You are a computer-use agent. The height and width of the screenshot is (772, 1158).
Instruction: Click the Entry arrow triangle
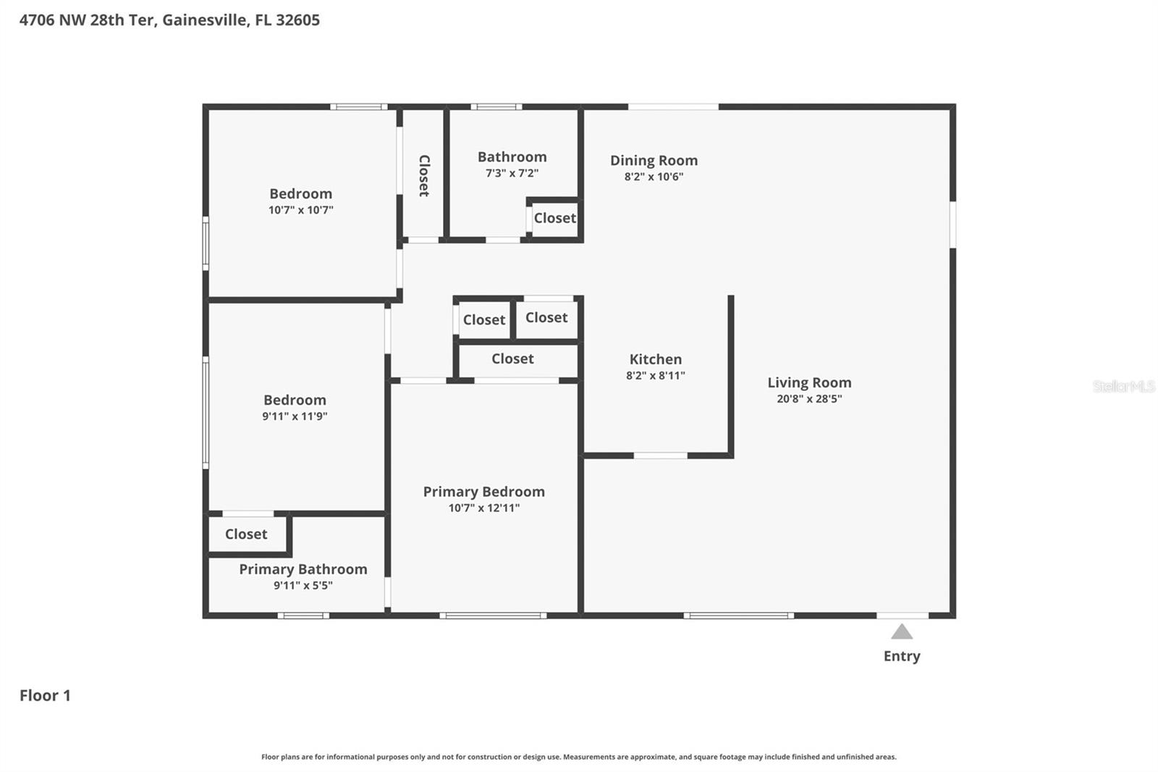click(x=901, y=632)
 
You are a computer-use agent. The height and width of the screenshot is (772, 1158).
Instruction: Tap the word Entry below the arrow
click(x=902, y=656)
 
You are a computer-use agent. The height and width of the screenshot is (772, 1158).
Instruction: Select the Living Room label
click(x=809, y=382)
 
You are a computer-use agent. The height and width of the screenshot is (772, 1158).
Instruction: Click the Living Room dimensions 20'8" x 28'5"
click(x=809, y=399)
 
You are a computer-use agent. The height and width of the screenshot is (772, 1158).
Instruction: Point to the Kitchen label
click(x=655, y=359)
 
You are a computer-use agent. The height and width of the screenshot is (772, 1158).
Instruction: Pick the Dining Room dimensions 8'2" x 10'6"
click(x=654, y=177)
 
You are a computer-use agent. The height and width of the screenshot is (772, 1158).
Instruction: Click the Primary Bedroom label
click(x=483, y=492)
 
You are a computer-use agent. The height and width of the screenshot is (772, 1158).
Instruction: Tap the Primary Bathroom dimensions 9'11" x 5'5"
click(x=303, y=586)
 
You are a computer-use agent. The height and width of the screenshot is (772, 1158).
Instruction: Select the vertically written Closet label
click(x=424, y=175)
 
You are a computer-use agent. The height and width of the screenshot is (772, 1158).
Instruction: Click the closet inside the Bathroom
click(x=554, y=218)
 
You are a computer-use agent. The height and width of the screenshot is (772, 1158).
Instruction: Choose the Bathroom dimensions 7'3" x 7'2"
click(x=512, y=173)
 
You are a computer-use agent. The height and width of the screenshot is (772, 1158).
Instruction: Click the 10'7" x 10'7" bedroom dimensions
click(x=300, y=210)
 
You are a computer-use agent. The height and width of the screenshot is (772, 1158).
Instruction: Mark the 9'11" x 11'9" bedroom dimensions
click(x=295, y=416)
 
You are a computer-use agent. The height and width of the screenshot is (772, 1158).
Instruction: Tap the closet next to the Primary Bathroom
click(x=246, y=534)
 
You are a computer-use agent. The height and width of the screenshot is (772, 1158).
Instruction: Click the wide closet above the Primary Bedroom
click(x=512, y=359)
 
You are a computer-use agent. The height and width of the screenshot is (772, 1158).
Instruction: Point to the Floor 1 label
click(x=45, y=695)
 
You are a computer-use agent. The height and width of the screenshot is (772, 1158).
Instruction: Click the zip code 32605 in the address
click(x=297, y=20)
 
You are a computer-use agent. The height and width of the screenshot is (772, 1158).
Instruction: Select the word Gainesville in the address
click(x=204, y=20)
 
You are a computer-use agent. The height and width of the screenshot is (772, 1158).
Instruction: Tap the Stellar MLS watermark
click(x=1123, y=386)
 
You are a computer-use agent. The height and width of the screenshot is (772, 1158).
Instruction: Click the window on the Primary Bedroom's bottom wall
click(x=493, y=616)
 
